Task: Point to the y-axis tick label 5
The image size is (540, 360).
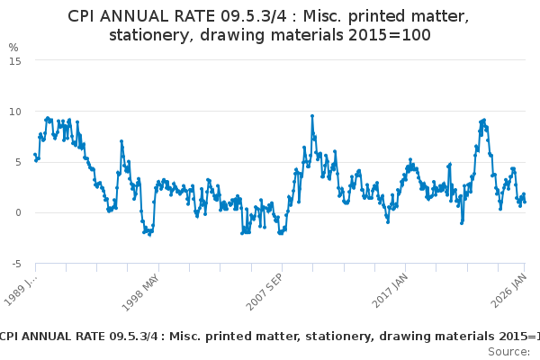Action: tap(16, 162)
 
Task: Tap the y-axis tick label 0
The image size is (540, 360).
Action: tap(16, 213)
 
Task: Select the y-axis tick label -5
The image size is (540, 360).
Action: tap(14, 264)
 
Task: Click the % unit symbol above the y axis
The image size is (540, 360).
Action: tap(13, 47)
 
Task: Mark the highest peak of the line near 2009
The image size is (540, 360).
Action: tap(311, 116)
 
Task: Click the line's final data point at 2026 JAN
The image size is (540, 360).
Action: tap(525, 201)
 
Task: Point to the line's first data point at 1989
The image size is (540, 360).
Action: tap(35, 155)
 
